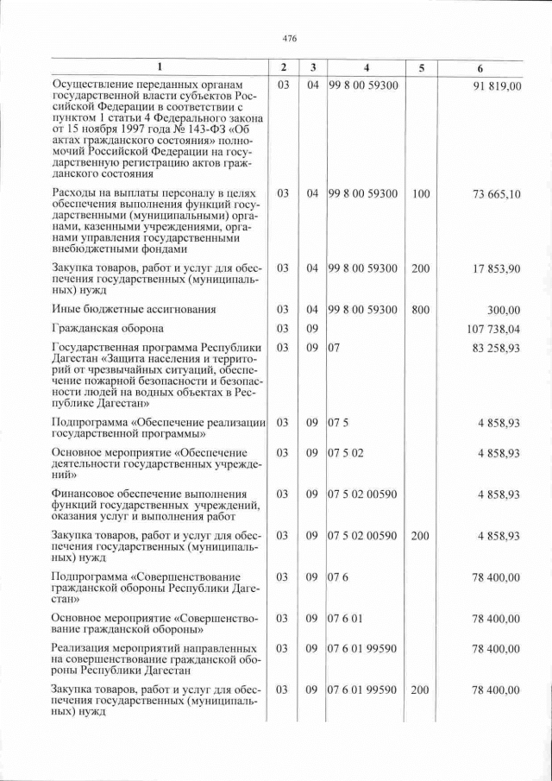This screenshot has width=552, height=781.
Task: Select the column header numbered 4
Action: (366, 67)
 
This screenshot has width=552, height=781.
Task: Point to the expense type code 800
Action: (420, 309)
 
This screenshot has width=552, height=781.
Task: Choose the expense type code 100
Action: (420, 195)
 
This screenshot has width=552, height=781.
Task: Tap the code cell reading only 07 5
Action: (337, 422)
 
